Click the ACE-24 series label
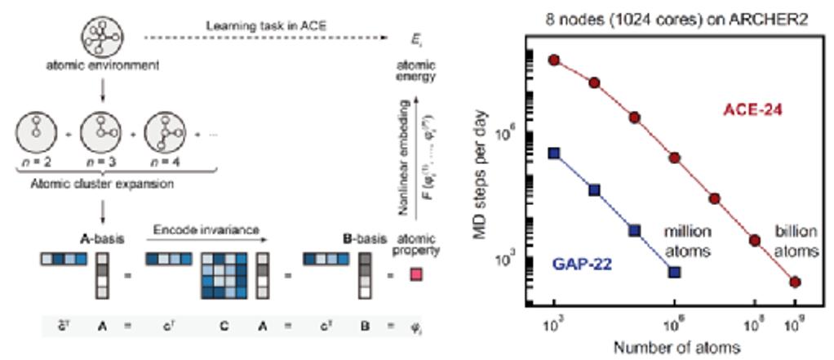pyautogui.click(x=752, y=109)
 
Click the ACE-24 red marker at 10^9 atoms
pyautogui.click(x=795, y=282)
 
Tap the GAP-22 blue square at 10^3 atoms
pyautogui.click(x=555, y=153)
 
